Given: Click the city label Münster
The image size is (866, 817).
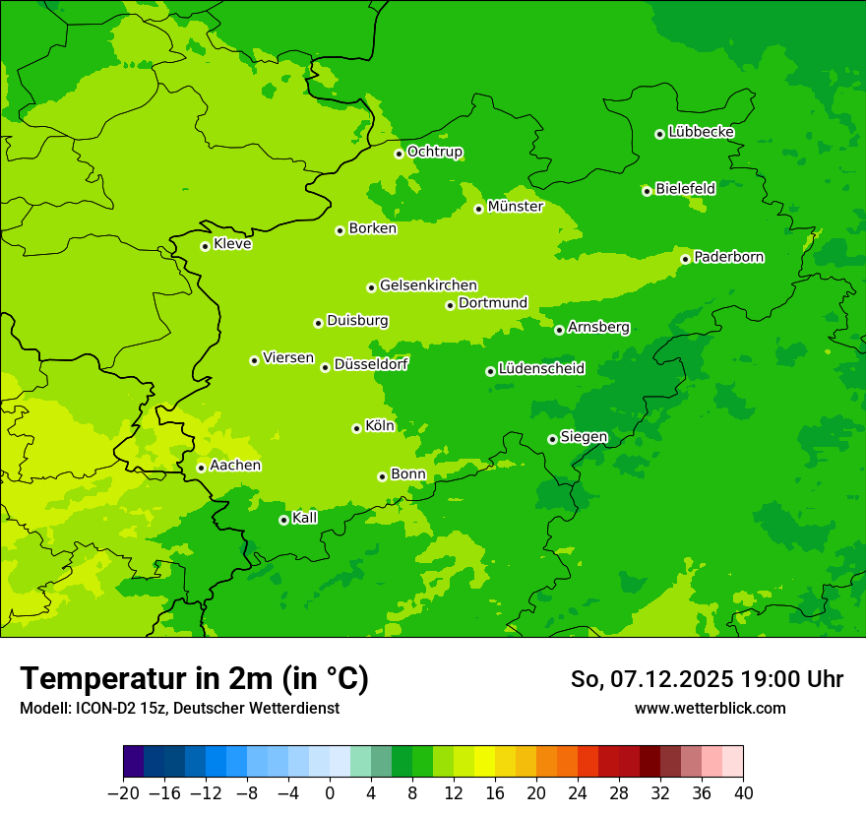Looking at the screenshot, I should [516, 207].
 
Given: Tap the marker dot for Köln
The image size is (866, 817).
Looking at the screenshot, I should [356, 428].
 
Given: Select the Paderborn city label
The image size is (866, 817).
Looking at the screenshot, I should [729, 257].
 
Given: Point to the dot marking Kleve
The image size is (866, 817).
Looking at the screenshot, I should [205, 246].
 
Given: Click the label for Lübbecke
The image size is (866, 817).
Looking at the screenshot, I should [701, 132].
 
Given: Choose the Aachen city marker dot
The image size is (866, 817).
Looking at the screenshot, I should [201, 468].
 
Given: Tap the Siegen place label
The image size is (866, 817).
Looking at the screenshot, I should [585, 437].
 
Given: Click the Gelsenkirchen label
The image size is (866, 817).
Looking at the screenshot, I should [428, 285].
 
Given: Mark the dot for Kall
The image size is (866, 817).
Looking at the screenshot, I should [283, 520].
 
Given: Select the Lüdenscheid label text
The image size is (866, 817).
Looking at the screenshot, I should [541, 369].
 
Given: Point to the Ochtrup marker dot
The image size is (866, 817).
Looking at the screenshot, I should [399, 154].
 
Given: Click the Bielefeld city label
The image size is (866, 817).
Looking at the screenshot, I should [685, 189].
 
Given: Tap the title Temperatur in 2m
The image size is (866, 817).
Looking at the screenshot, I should [194, 678].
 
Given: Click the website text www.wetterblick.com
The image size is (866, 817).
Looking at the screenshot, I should [710, 708].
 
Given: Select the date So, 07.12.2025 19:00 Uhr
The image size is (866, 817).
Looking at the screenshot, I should [707, 679].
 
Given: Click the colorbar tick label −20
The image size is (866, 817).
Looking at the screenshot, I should [123, 793].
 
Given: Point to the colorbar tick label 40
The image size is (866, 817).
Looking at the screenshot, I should [743, 793].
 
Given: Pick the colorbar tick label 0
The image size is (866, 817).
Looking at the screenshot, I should [330, 793].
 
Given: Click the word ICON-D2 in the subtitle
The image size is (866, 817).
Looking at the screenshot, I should [99, 708].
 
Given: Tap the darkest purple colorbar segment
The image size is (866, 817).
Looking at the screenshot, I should [133, 762].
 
